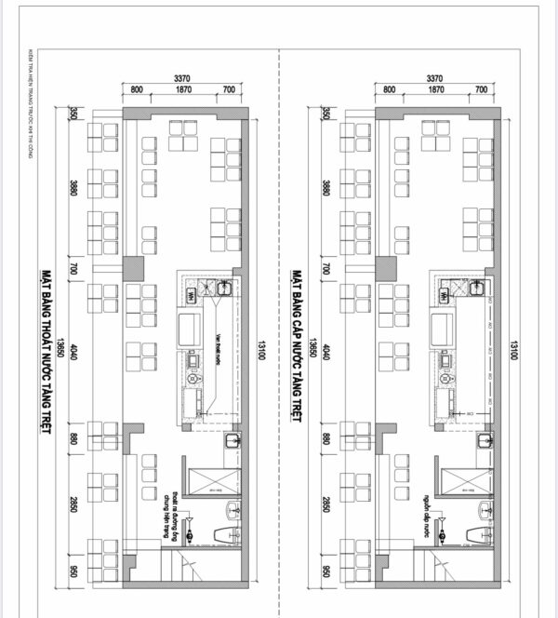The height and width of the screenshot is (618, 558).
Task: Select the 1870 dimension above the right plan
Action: click(434, 90)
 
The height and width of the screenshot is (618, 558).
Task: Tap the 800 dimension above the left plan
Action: click(136, 90)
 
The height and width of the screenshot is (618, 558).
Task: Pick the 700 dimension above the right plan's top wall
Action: click(481, 90)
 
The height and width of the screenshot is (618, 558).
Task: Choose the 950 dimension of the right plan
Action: click(326, 569)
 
